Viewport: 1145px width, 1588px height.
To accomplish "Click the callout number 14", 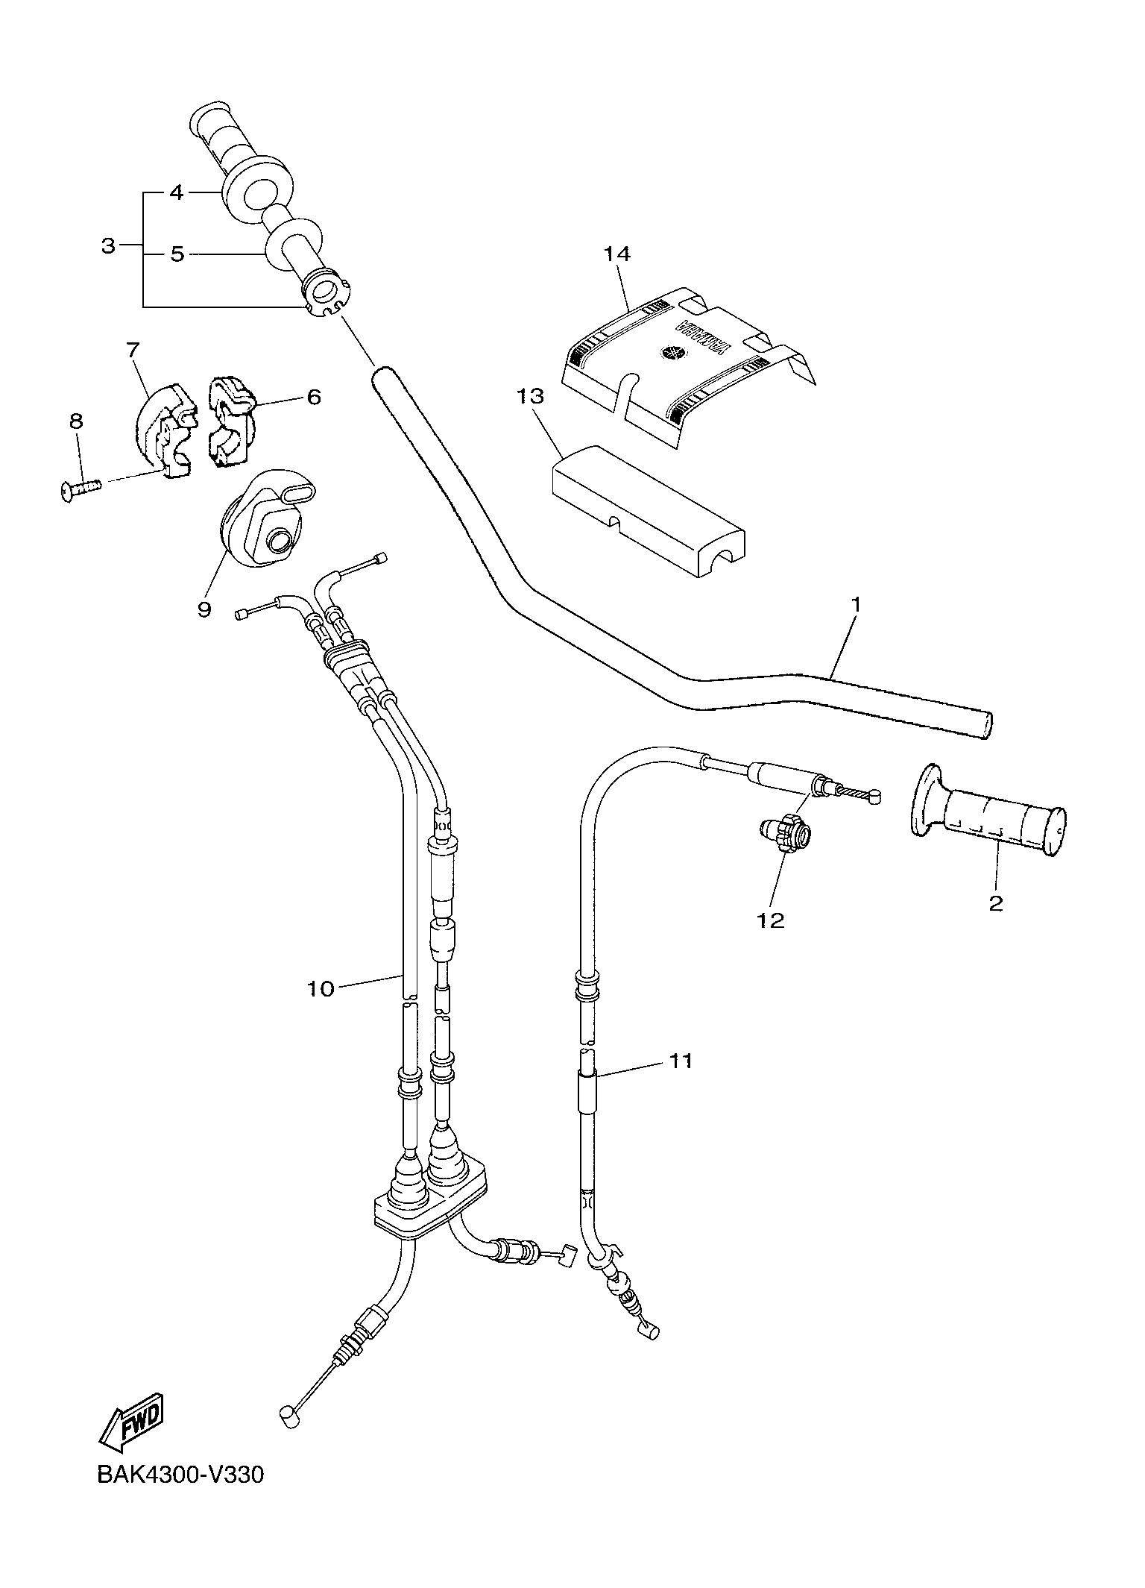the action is pyautogui.click(x=617, y=254).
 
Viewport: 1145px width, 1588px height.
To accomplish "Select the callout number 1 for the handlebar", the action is pyautogui.click(x=857, y=604).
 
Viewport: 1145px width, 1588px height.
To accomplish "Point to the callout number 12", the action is pyautogui.click(x=772, y=921).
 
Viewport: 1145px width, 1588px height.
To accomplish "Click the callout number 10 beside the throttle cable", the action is pyautogui.click(x=321, y=989).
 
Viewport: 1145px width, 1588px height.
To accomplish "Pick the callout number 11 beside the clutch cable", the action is pyautogui.click(x=681, y=1060).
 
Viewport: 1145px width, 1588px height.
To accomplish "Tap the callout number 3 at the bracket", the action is pyautogui.click(x=109, y=245).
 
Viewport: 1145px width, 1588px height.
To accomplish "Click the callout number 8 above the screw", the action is pyautogui.click(x=76, y=421).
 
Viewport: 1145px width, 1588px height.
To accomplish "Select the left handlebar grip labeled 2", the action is pyautogui.click(x=988, y=810).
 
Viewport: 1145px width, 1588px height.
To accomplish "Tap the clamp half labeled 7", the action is pyautogui.click(x=164, y=430).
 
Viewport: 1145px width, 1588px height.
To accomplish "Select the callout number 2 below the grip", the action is pyautogui.click(x=996, y=903).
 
